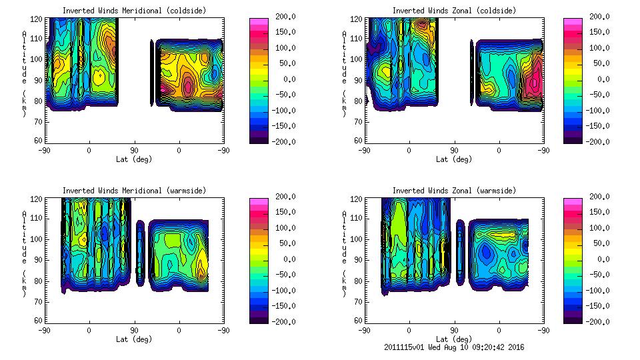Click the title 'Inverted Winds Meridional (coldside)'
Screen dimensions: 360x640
click(x=134, y=11)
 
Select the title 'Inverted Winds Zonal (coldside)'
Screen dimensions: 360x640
click(x=454, y=11)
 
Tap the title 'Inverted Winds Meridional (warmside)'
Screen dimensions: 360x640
click(x=134, y=191)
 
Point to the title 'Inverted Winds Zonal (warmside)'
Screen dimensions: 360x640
click(x=454, y=191)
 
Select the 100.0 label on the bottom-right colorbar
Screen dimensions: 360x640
click(x=601, y=228)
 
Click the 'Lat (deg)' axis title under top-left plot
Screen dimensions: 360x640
click(x=134, y=159)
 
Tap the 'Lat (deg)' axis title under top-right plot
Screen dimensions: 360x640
click(x=454, y=159)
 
